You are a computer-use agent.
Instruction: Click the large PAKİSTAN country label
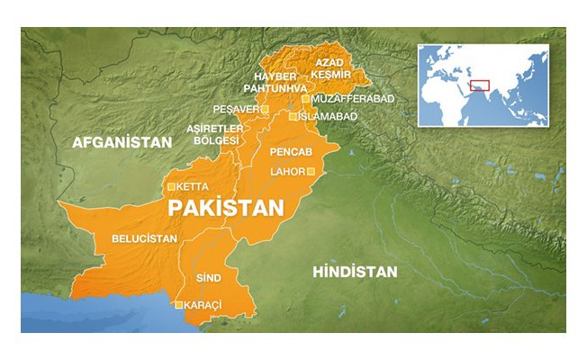click(226, 209)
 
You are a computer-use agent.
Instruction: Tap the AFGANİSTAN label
click(122, 143)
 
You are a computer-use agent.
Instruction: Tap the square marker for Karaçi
click(179, 305)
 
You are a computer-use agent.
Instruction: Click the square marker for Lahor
click(312, 171)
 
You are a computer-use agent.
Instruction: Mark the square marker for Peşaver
click(266, 109)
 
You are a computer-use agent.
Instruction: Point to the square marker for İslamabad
click(293, 117)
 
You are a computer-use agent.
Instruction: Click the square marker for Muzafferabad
click(306, 98)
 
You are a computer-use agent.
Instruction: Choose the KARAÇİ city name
click(203, 306)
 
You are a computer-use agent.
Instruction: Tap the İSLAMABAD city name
click(330, 117)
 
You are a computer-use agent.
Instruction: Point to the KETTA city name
click(194, 187)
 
